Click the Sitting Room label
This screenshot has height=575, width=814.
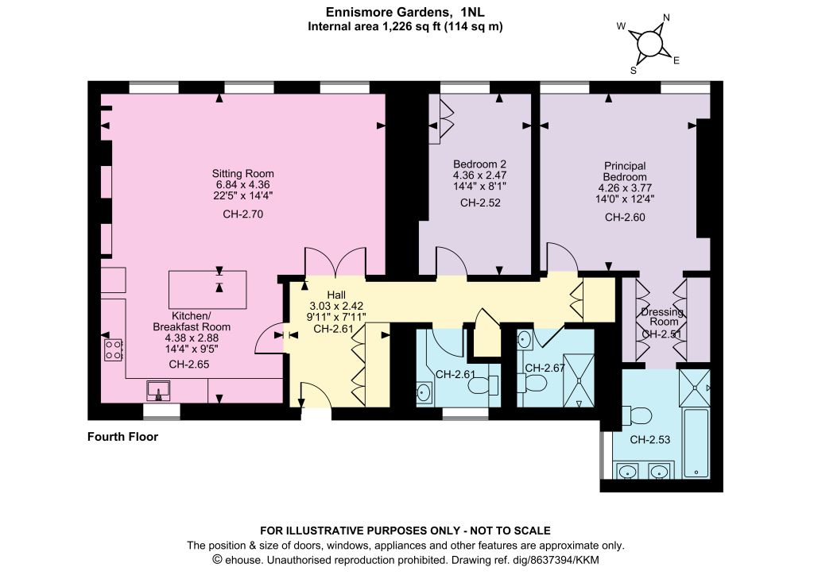click(x=242, y=174)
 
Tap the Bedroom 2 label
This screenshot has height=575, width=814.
click(x=479, y=164)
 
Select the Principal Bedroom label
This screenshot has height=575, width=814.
click(x=625, y=171)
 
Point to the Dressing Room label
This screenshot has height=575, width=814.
click(x=662, y=316)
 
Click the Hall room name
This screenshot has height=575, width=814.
click(x=336, y=295)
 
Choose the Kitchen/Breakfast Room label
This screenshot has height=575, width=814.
click(x=192, y=322)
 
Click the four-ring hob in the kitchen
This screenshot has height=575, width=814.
click(x=113, y=349)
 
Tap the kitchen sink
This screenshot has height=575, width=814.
click(x=158, y=391)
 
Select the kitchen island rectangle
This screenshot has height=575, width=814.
click(x=207, y=290)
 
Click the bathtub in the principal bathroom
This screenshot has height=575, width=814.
click(x=695, y=443)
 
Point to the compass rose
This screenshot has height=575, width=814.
click(x=648, y=43)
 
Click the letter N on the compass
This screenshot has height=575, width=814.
click(x=667, y=17)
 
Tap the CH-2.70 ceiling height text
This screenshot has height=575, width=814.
click(x=243, y=214)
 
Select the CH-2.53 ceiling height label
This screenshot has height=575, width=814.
click(x=650, y=440)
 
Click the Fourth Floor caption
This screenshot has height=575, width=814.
click(x=122, y=437)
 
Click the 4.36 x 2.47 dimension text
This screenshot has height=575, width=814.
click(x=479, y=176)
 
